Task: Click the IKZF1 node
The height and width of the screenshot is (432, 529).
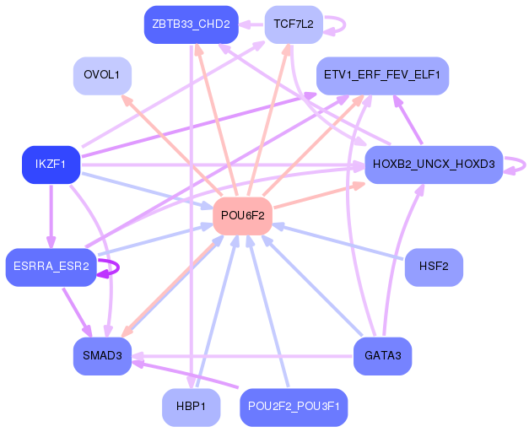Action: [51, 165]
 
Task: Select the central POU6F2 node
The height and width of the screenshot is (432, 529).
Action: [243, 216]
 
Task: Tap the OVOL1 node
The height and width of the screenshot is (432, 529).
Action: [102, 76]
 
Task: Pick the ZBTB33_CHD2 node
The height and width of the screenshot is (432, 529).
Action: [192, 24]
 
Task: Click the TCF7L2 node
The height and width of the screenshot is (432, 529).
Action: [294, 24]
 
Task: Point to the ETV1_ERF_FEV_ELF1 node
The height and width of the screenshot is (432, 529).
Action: [382, 76]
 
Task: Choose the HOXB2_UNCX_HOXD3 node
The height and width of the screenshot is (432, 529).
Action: [434, 165]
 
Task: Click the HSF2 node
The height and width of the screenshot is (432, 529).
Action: [434, 267]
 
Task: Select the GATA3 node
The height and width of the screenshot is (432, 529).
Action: [382, 356]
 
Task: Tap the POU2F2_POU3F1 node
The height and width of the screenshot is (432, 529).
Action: [294, 408]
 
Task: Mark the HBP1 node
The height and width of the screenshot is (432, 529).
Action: [192, 408]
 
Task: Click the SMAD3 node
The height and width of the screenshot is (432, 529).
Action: [102, 356]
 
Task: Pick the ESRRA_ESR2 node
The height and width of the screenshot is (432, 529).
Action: [51, 267]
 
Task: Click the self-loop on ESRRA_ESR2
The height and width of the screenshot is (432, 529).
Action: [118, 267]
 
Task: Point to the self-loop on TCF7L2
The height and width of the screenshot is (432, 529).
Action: [345, 24]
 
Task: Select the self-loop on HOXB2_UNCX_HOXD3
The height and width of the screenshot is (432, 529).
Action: [525, 165]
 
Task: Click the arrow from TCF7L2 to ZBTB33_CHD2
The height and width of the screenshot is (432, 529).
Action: [251, 24]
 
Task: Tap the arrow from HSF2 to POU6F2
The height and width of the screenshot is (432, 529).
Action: [337, 242]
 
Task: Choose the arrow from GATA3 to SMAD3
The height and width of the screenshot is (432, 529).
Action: [243, 356]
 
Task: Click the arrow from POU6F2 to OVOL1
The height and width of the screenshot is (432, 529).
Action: [171, 145]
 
